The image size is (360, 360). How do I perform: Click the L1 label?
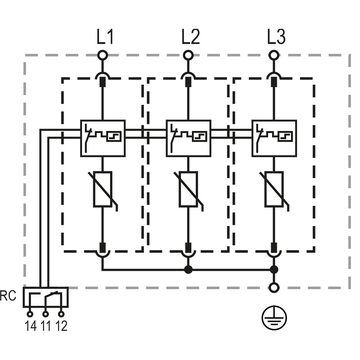(105, 36)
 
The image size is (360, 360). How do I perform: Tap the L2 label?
(190, 36)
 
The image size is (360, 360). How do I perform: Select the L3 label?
(276, 36)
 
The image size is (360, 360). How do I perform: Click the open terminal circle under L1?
(103, 55)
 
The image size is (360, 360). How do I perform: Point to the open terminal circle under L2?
(188, 55)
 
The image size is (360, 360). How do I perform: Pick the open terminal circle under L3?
(274, 55)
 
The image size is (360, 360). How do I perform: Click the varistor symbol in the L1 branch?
(103, 189)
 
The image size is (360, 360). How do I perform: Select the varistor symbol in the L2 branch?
(188, 189)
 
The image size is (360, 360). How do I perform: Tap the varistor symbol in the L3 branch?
(274, 189)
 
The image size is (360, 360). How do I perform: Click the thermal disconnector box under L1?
(103, 138)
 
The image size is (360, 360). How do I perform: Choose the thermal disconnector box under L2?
(189, 138)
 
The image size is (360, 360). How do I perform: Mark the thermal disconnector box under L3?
(274, 138)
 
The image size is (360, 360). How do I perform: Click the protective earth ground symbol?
(274, 318)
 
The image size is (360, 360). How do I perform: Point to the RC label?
(8, 296)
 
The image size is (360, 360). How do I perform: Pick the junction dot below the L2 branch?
(188, 270)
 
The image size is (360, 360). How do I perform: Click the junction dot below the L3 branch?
(274, 270)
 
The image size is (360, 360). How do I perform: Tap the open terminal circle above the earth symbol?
(274, 287)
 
